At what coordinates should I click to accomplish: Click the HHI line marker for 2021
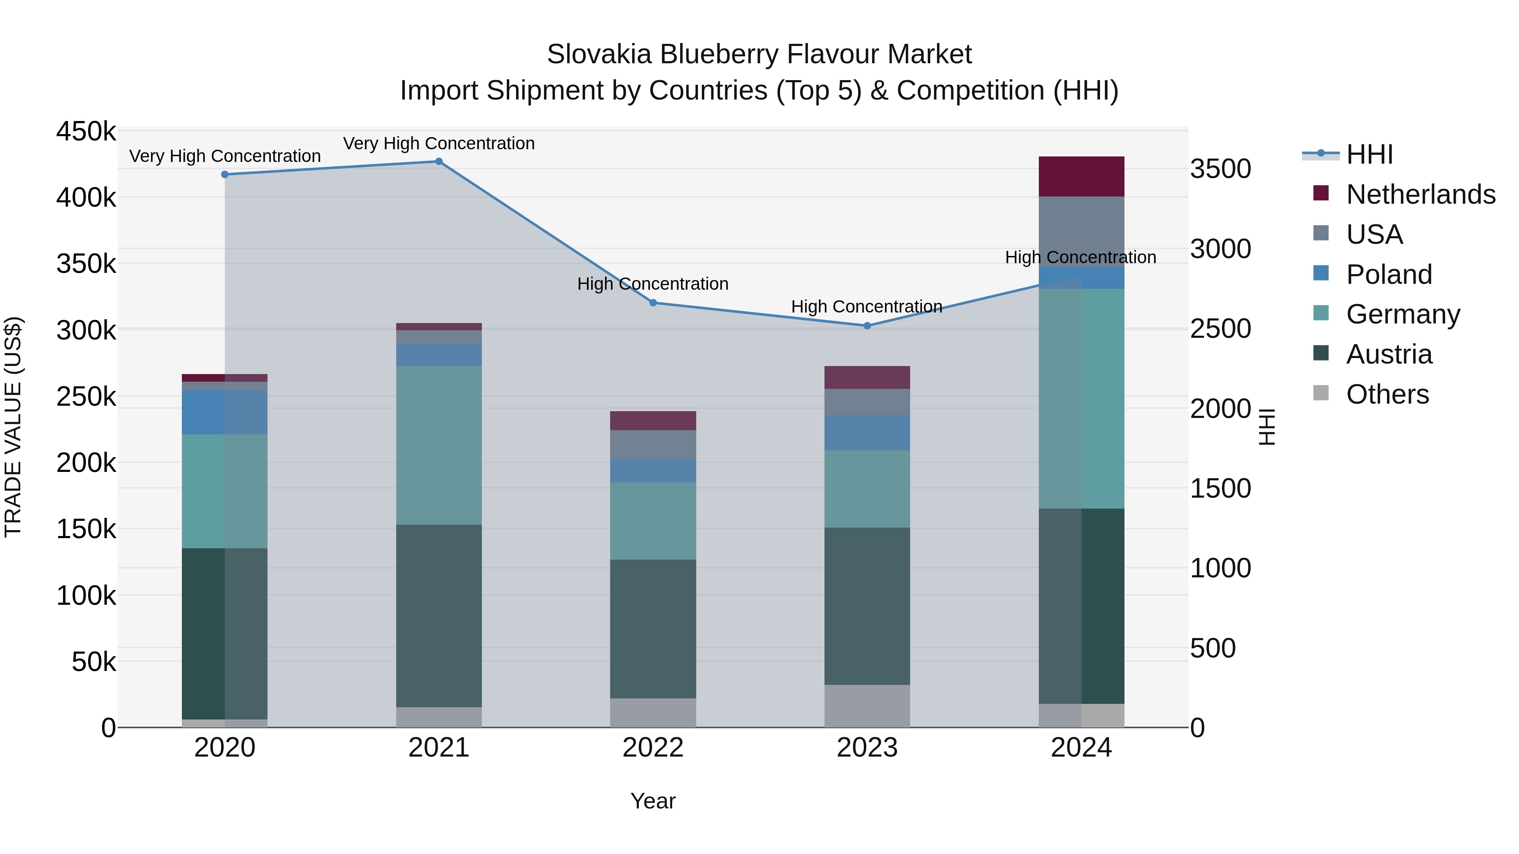click(x=439, y=162)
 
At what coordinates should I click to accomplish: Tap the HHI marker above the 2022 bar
click(x=653, y=303)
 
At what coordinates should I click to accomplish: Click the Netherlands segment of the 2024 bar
click(x=1081, y=177)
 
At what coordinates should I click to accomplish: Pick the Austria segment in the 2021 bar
click(x=439, y=615)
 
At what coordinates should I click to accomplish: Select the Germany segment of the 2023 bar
click(x=867, y=489)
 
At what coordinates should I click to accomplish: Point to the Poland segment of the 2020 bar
click(x=224, y=412)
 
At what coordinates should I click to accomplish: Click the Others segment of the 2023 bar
click(x=867, y=706)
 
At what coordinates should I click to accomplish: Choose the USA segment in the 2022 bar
click(x=653, y=445)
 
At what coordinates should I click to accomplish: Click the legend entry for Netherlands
click(x=1421, y=194)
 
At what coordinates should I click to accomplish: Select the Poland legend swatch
click(x=1321, y=273)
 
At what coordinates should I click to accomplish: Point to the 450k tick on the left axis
click(x=86, y=132)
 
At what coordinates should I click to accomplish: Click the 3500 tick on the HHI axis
click(x=1220, y=169)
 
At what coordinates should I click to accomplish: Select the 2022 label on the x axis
click(x=653, y=748)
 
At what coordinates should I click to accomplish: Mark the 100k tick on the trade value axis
click(x=86, y=596)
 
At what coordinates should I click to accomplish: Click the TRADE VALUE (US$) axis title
click(x=14, y=427)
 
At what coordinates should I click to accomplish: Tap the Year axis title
click(x=653, y=801)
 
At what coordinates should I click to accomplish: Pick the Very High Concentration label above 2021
click(x=439, y=143)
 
